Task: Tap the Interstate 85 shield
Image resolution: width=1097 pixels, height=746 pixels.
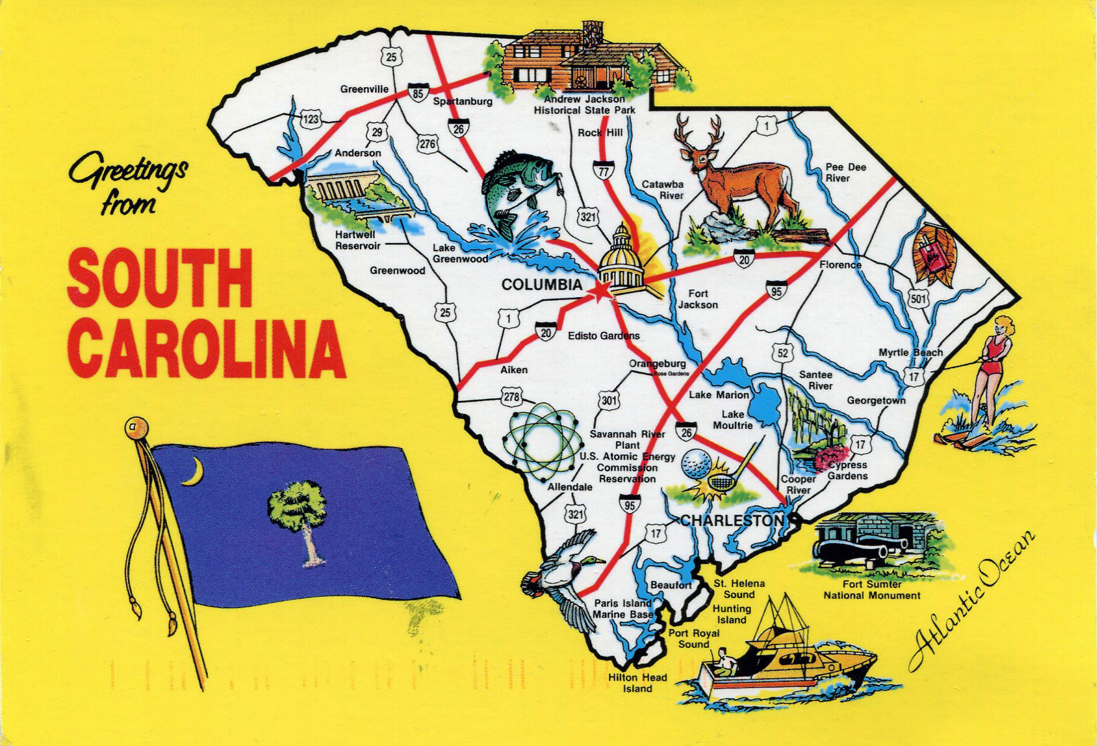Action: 418,92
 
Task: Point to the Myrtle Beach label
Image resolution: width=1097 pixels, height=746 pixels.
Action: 910,352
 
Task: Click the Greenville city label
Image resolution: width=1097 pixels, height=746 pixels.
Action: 364,89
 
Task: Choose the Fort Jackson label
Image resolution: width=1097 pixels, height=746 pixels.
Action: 697,299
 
